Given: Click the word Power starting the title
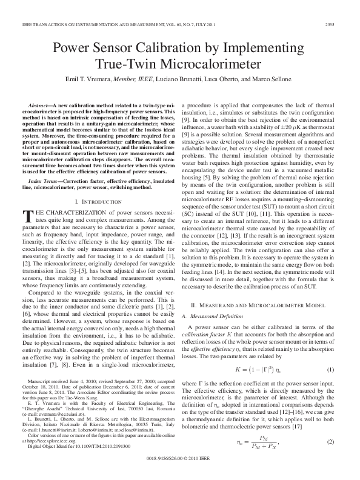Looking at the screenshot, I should (73, 48).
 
